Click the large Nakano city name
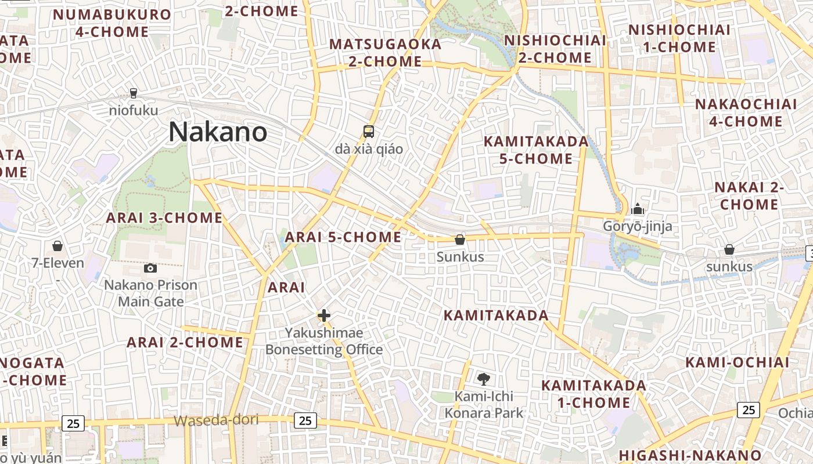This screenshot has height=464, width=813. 218,132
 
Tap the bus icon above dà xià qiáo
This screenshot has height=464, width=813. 368,132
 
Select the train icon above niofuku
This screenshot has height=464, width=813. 134,93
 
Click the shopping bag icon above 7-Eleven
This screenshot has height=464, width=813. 57,246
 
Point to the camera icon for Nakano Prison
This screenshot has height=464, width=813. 150,268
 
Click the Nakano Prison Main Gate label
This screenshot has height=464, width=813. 150,293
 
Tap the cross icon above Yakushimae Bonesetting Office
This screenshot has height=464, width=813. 324,316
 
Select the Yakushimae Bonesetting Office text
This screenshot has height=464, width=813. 324,341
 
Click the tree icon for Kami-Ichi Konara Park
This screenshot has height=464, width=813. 483,379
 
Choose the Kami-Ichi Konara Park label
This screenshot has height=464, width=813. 484,405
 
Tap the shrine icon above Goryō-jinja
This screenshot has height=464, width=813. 638,208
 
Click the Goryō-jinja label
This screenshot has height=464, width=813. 638,226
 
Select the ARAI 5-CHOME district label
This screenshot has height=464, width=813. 343,237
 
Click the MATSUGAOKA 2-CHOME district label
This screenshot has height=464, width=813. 386,52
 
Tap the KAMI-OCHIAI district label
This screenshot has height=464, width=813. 738,362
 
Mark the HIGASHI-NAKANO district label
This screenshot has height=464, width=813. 690,455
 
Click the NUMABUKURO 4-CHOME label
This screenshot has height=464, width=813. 112,23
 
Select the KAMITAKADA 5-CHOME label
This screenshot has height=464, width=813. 536,150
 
